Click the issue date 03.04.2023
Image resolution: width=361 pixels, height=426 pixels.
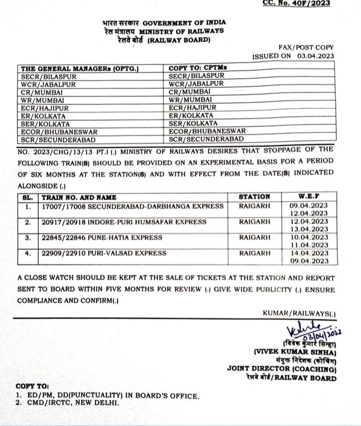tap(315, 57)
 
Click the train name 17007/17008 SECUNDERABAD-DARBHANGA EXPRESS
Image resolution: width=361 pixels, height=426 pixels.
tap(133, 206)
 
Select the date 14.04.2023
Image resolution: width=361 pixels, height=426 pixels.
tap(312, 253)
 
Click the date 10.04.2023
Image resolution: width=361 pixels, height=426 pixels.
tap(312, 237)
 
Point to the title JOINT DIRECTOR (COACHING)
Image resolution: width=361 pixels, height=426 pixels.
tap(281, 369)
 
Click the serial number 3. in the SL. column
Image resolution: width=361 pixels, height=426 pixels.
tap(28, 238)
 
